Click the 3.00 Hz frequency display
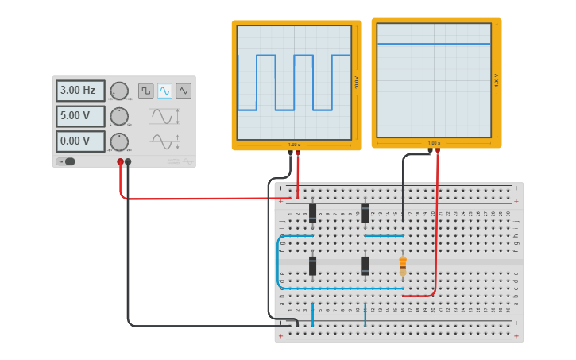tap(79, 91)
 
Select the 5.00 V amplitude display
tap(79, 116)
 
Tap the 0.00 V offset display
tap(79, 141)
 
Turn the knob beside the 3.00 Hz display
tap(119, 91)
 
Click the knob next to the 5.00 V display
tap(119, 116)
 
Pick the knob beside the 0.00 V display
tap(119, 141)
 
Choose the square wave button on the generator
tap(145, 91)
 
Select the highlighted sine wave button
tap(164, 91)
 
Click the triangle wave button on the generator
tap(184, 91)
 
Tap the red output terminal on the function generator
tap(121, 162)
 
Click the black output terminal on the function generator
tap(129, 162)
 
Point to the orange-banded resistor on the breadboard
tap(403, 265)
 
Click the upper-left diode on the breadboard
tap(313, 212)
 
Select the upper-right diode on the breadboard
tap(365, 211)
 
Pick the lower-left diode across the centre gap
tap(313, 265)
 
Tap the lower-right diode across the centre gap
tap(365, 265)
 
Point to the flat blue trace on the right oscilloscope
tap(434, 44)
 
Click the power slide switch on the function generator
tap(68, 161)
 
